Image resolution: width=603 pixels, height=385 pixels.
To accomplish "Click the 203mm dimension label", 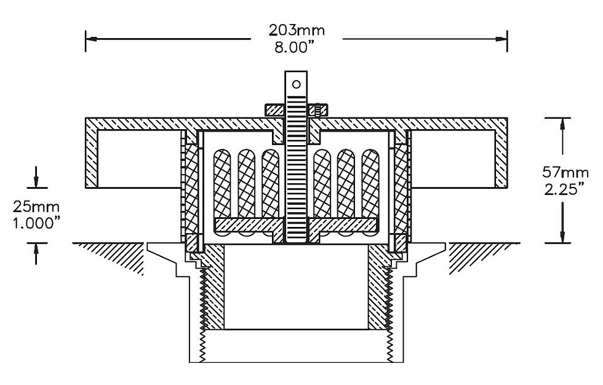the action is click(297, 30).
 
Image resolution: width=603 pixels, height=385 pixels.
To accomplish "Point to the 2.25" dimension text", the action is click(565, 189).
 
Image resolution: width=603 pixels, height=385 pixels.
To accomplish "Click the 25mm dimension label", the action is click(36, 207).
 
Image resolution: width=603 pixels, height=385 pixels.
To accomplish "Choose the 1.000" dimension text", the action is click(36, 223).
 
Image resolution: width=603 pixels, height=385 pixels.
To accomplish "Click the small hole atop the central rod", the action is click(296, 84).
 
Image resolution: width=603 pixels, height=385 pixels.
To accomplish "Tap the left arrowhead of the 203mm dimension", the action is click(91, 39).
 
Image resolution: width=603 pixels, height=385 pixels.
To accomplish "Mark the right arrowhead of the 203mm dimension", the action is click(501, 39).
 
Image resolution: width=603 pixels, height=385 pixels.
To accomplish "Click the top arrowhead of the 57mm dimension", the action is click(562, 124).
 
